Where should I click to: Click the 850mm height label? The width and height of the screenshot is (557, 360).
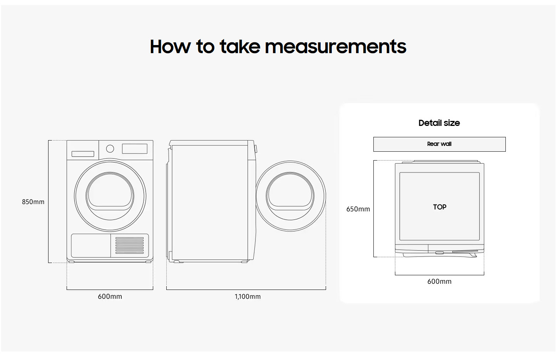(33, 202)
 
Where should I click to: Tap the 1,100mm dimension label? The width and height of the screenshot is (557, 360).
(248, 296)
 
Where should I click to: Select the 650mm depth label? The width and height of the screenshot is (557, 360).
(358, 209)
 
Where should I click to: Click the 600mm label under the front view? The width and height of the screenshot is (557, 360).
(110, 296)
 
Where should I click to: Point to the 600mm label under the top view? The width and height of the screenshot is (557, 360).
(439, 281)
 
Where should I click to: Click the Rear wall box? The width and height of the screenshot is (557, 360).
(439, 144)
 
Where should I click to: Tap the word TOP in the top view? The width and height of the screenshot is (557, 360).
(440, 207)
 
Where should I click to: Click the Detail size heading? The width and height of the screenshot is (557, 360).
(439, 123)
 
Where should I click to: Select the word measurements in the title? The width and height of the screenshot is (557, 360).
(335, 47)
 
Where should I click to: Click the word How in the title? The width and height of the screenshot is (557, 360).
(170, 47)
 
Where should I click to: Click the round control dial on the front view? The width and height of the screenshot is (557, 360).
(110, 149)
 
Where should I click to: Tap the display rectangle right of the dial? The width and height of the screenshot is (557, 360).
(134, 149)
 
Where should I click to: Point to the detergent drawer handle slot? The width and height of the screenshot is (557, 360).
(83, 154)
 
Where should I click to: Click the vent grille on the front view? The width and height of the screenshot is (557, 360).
(130, 245)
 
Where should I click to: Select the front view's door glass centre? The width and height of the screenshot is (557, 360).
(110, 196)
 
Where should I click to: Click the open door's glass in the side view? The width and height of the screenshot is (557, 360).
(290, 196)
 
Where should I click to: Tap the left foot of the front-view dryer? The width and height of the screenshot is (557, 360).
(71, 262)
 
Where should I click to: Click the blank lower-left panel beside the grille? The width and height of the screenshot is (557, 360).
(91, 246)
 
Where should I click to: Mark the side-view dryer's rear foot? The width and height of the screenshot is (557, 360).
(177, 262)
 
